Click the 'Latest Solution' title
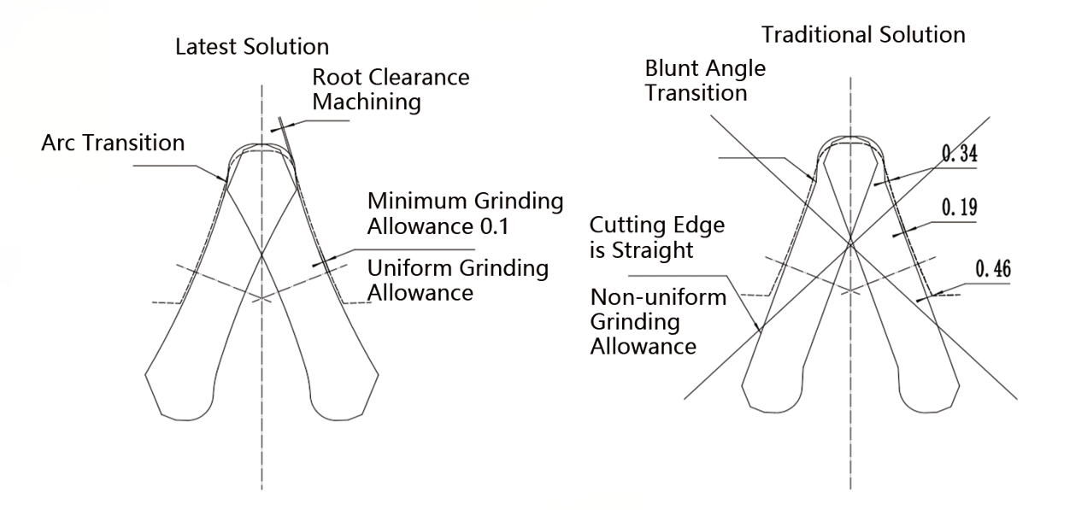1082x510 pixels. [x=252, y=47]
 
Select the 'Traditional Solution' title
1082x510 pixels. [x=863, y=35]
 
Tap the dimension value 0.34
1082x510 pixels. [x=959, y=154]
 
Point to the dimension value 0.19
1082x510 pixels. [x=959, y=208]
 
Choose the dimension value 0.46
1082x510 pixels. [x=993, y=268]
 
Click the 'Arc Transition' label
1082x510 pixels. [x=113, y=143]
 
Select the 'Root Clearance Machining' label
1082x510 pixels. [x=391, y=90]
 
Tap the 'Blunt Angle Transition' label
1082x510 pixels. [x=705, y=80]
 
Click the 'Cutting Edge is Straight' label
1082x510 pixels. [x=657, y=237]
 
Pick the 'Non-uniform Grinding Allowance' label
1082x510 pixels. [x=658, y=322]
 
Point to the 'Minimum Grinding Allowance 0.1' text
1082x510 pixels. [x=465, y=214]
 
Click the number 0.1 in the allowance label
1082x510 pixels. [x=494, y=226]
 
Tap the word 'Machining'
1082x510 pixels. [x=367, y=103]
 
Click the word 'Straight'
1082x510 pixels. [x=652, y=250]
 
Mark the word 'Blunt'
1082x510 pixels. [x=673, y=68]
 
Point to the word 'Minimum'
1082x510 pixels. [x=417, y=201]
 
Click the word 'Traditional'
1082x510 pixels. [x=816, y=35]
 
